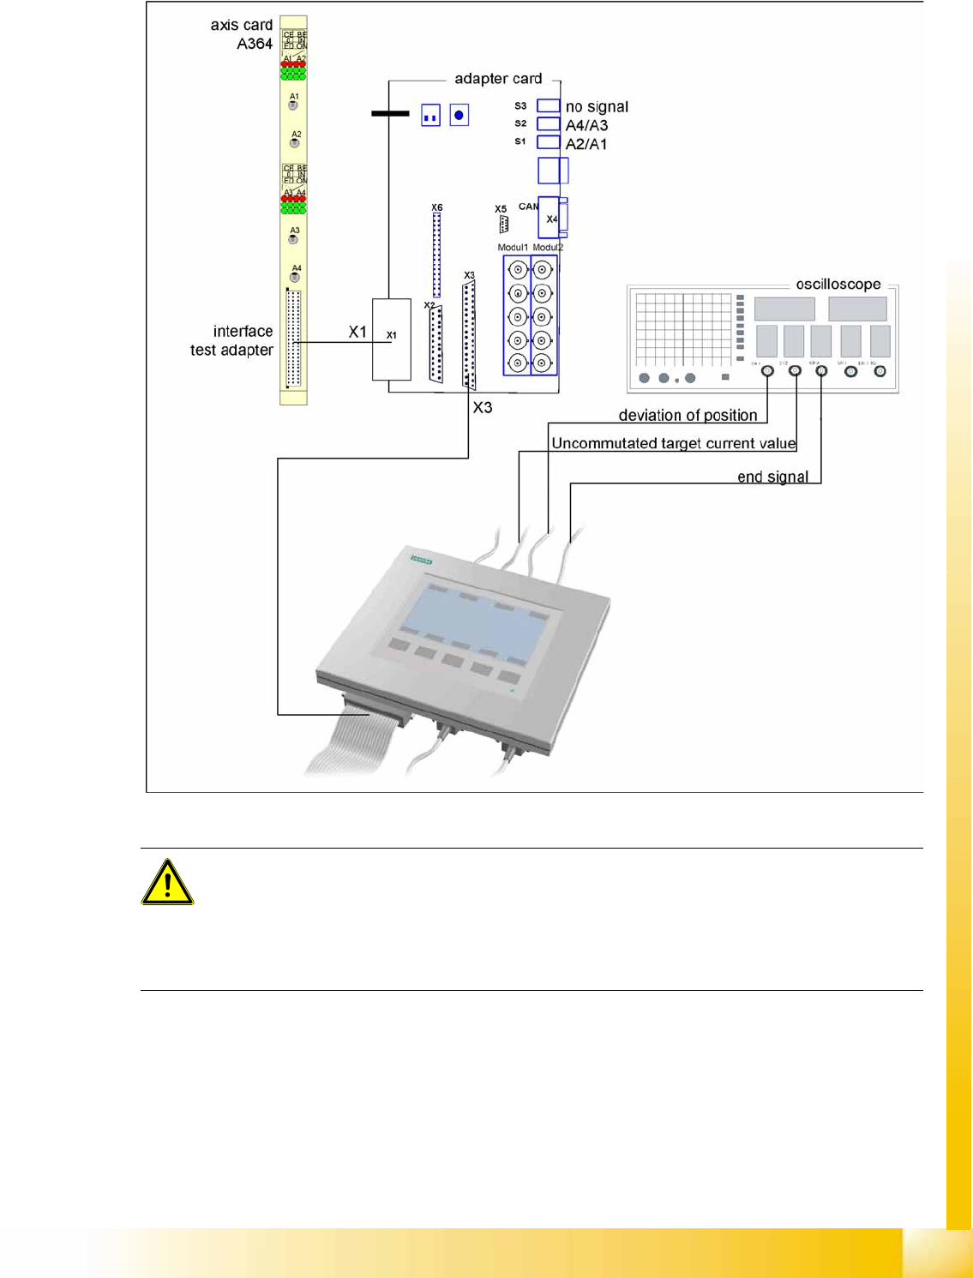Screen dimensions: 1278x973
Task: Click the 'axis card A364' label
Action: (243, 34)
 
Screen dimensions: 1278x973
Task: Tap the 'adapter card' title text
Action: (498, 79)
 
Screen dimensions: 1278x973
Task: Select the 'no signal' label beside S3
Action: (597, 107)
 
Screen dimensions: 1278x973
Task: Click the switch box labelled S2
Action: (548, 124)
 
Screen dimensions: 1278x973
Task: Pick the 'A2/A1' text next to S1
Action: (586, 144)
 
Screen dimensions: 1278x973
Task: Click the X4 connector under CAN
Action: (551, 219)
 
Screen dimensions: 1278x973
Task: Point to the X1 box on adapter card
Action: (391, 339)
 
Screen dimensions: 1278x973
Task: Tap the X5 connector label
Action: (501, 209)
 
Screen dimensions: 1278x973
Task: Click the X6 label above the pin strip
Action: (437, 207)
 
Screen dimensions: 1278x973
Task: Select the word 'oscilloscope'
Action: (838, 285)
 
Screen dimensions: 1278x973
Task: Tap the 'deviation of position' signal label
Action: (688, 416)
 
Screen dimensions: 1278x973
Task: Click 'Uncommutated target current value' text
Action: (674, 443)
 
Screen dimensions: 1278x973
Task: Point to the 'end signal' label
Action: (772, 477)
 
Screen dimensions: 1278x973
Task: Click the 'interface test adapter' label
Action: (232, 340)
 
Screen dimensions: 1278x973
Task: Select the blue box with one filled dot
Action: (459, 115)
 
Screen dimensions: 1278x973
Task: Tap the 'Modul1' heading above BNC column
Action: (514, 248)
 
